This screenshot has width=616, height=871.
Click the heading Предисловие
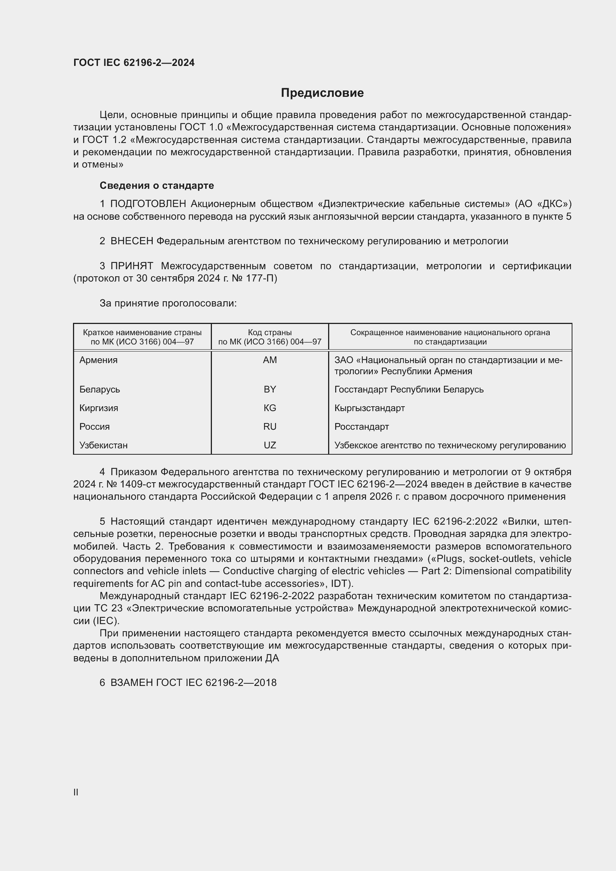pos(322,93)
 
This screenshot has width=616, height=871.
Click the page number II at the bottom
pos(76,792)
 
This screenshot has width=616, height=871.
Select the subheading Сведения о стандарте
pos(157,185)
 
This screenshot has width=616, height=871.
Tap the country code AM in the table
pos(270,360)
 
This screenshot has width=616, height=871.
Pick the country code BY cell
pos(270,390)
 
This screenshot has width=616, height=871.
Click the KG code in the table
pos(270,408)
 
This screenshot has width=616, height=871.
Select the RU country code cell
pos(270,427)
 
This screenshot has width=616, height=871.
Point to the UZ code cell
pos(270,445)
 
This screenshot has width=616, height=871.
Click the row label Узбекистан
pos(104,445)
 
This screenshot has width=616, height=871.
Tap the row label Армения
pos(99,360)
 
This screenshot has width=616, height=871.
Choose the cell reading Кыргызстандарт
pos(369,408)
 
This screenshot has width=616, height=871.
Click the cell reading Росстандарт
pos(362,427)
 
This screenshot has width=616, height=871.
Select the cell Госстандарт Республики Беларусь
pos(409,390)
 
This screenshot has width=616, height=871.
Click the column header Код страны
pos(270,333)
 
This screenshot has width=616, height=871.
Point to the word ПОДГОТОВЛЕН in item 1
pos(148,204)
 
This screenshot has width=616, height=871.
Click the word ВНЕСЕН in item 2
pos(131,241)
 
